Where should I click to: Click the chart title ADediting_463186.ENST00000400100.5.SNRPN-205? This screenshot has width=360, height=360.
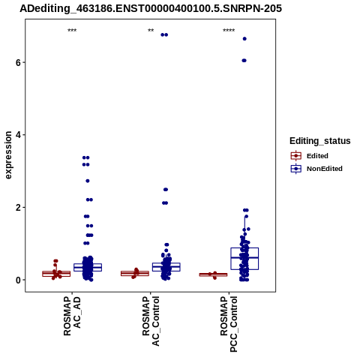151,9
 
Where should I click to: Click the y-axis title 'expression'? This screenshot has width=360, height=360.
8,155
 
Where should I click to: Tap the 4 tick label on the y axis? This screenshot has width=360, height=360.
18,135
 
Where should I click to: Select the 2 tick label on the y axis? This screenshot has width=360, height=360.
18,208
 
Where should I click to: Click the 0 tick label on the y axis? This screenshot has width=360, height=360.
18,280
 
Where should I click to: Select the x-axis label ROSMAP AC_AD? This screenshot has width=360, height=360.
72,316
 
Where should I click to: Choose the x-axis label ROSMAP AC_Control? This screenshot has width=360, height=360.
151,321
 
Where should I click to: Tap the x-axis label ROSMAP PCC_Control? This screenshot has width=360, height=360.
229,324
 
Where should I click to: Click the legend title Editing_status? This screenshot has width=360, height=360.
320,141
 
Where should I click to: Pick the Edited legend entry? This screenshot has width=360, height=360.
310,156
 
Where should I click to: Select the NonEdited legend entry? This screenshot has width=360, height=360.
316,169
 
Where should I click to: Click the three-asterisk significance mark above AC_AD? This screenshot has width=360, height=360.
72,31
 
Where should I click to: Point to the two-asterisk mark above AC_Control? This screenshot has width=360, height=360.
151,31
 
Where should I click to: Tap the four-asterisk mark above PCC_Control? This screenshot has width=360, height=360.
229,31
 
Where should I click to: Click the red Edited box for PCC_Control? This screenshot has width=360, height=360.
213,274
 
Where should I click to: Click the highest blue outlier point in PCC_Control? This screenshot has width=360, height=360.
244,39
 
